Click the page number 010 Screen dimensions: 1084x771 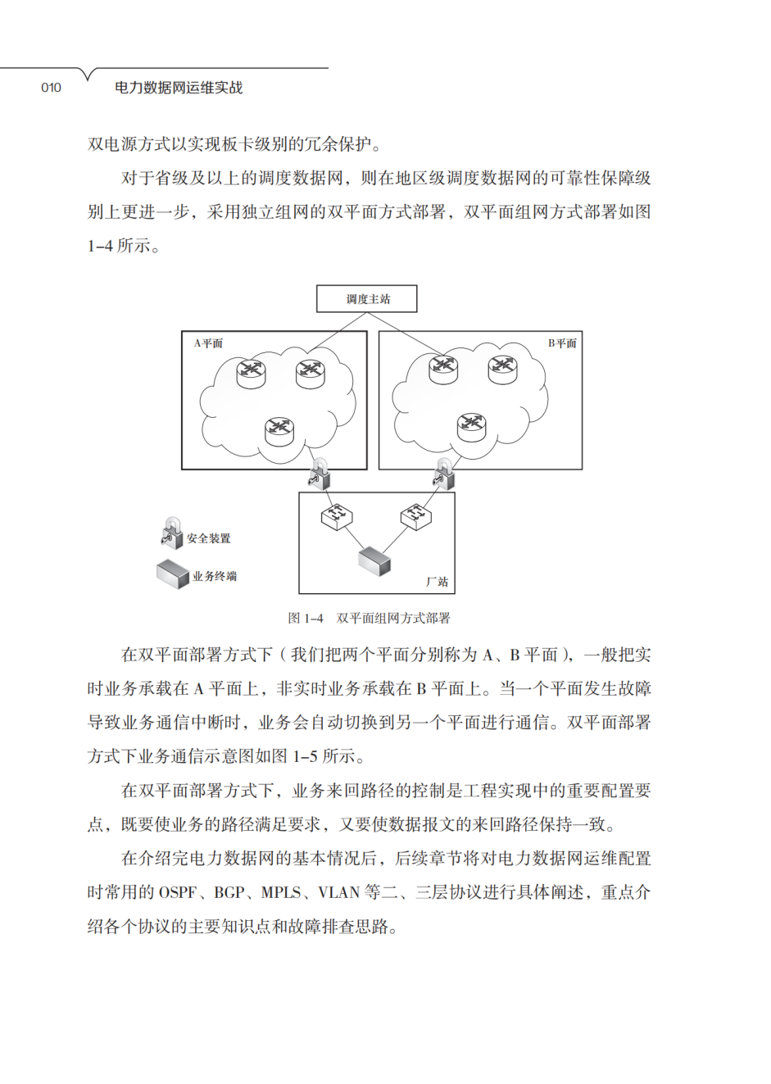pos(51,88)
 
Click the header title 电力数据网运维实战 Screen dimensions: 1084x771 pos(179,88)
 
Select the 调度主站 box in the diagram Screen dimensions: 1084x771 pos(367,299)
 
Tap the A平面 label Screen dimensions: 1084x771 pos(208,343)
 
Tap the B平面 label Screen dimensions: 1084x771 pos(562,343)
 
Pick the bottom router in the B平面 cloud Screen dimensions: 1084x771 pos(472,425)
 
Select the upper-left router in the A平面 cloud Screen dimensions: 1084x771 pos(252,373)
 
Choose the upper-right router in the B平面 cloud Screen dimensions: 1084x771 pos(502,369)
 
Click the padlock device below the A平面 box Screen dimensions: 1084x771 pos(320,474)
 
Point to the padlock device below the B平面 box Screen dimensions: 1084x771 pos(444,474)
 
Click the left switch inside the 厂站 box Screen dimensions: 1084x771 pos(336,516)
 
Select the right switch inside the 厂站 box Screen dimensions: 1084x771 pos(415,516)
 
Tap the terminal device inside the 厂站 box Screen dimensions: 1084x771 pos(374,561)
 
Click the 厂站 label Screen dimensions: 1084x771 pos(437,581)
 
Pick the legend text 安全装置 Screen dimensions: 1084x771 pos(209,538)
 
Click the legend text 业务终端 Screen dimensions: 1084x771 pos(215,576)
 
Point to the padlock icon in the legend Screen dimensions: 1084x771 pos(172,533)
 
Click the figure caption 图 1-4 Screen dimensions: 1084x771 pos(306,618)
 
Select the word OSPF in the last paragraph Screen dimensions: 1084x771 pos(178,892)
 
